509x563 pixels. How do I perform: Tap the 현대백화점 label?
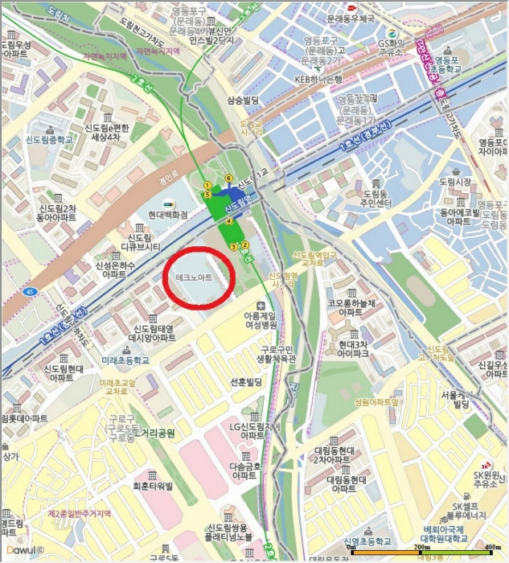pos(169,215)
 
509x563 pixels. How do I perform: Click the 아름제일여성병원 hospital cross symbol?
pos(260,306)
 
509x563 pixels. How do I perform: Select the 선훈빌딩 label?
pos(247,381)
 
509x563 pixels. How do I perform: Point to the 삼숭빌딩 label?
pos(247,100)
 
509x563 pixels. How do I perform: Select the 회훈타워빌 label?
pos(154,486)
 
